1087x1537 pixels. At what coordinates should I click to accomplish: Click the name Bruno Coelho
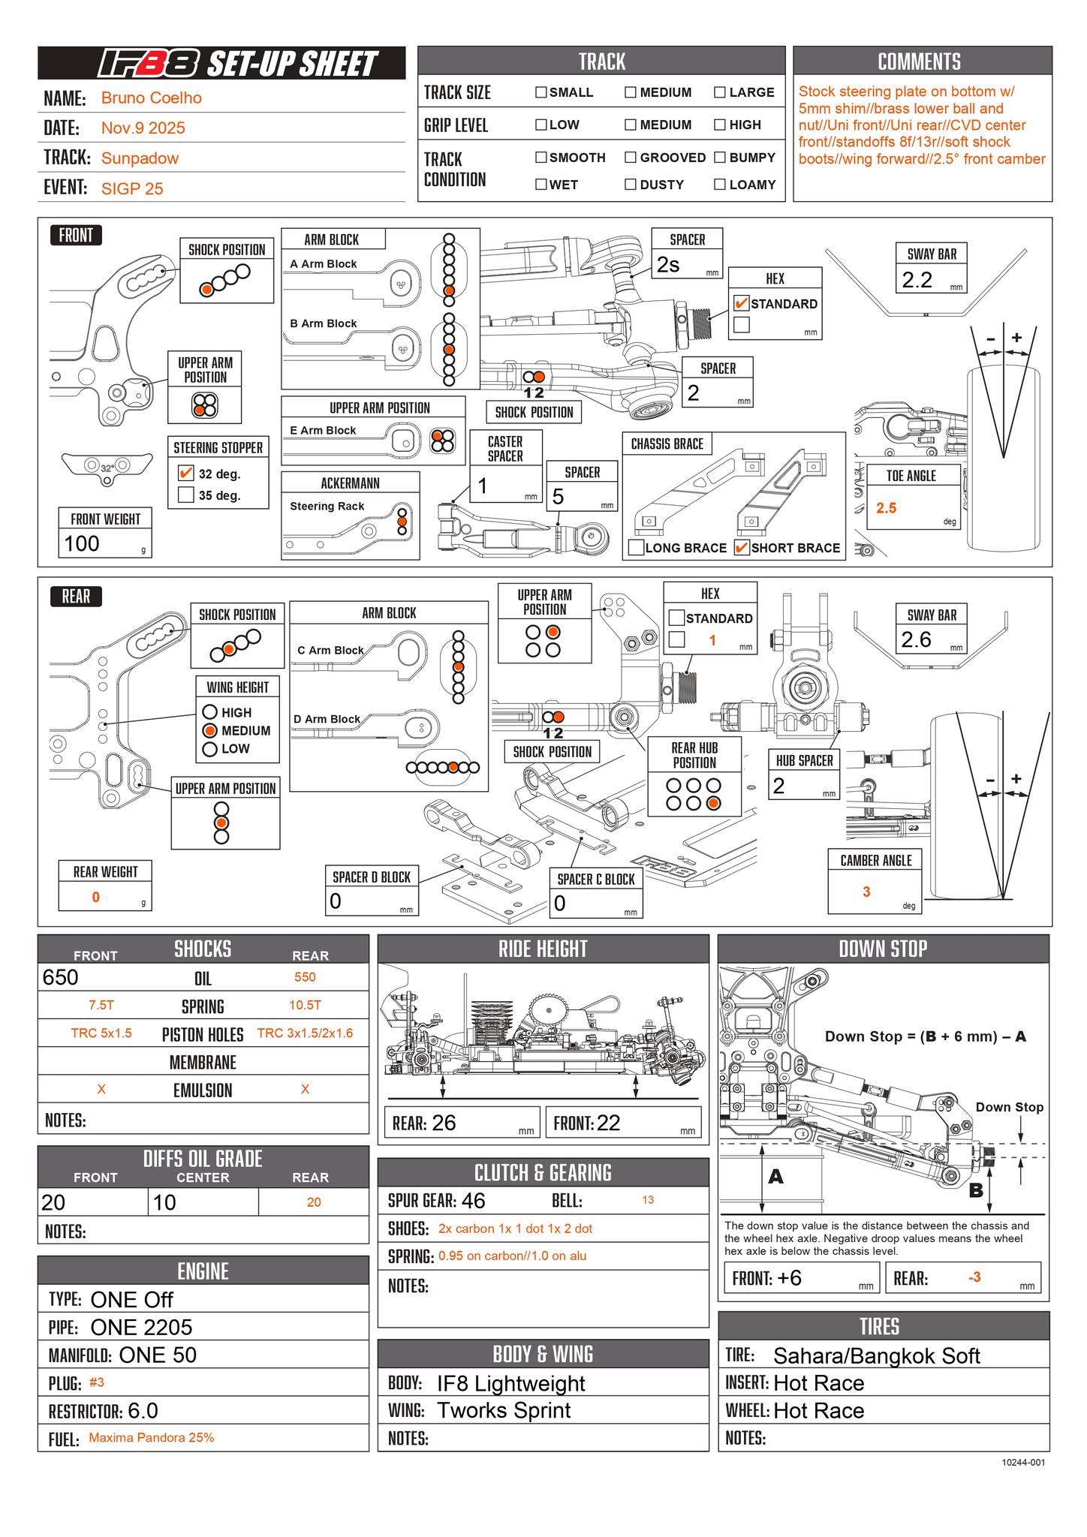[151, 98]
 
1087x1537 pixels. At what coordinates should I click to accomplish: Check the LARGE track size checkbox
[719, 92]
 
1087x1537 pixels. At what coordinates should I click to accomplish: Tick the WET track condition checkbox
[540, 185]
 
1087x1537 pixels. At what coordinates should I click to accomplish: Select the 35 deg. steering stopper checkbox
[185, 495]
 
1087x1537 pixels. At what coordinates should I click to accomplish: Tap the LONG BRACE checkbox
[635, 547]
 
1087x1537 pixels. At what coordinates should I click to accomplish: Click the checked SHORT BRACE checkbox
[741, 547]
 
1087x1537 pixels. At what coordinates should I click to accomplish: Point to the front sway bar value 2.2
[917, 280]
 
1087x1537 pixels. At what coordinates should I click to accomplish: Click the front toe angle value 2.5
[886, 508]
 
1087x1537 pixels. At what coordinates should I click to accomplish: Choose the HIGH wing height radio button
[210, 711]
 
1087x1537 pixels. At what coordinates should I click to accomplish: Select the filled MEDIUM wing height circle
[210, 730]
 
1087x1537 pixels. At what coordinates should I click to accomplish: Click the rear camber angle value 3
[866, 892]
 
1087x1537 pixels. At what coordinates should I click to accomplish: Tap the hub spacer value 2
[779, 786]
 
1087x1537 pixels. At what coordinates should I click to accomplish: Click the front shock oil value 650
[61, 977]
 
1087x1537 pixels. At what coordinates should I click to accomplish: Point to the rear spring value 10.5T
[305, 1005]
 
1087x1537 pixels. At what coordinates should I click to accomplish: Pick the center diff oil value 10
[164, 1202]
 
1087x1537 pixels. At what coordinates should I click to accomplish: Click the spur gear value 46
[473, 1201]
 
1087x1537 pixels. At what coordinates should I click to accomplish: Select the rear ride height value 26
[444, 1123]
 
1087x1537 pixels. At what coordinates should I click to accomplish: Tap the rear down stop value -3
[974, 1277]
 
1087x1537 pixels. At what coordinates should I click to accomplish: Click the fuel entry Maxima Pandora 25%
[151, 1438]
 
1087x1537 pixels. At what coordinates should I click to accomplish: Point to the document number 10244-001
[1023, 1462]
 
